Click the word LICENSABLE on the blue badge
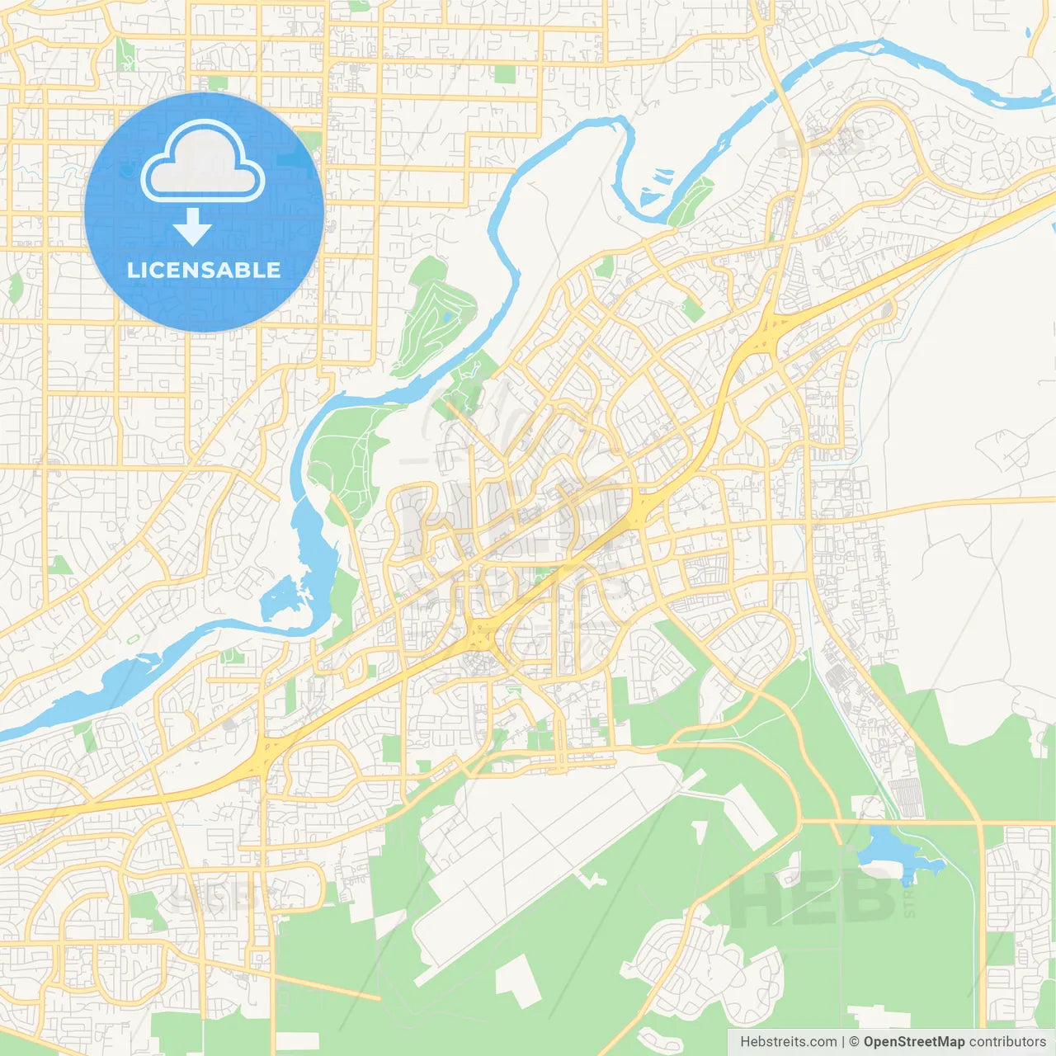204,270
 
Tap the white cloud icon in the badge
203,162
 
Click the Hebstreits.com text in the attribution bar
788,1042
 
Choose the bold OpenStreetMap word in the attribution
913,1042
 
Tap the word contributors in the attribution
1006,1042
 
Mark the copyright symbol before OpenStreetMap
855,1042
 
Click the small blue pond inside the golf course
446,316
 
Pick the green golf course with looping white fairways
433,318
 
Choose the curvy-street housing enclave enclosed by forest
701,957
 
